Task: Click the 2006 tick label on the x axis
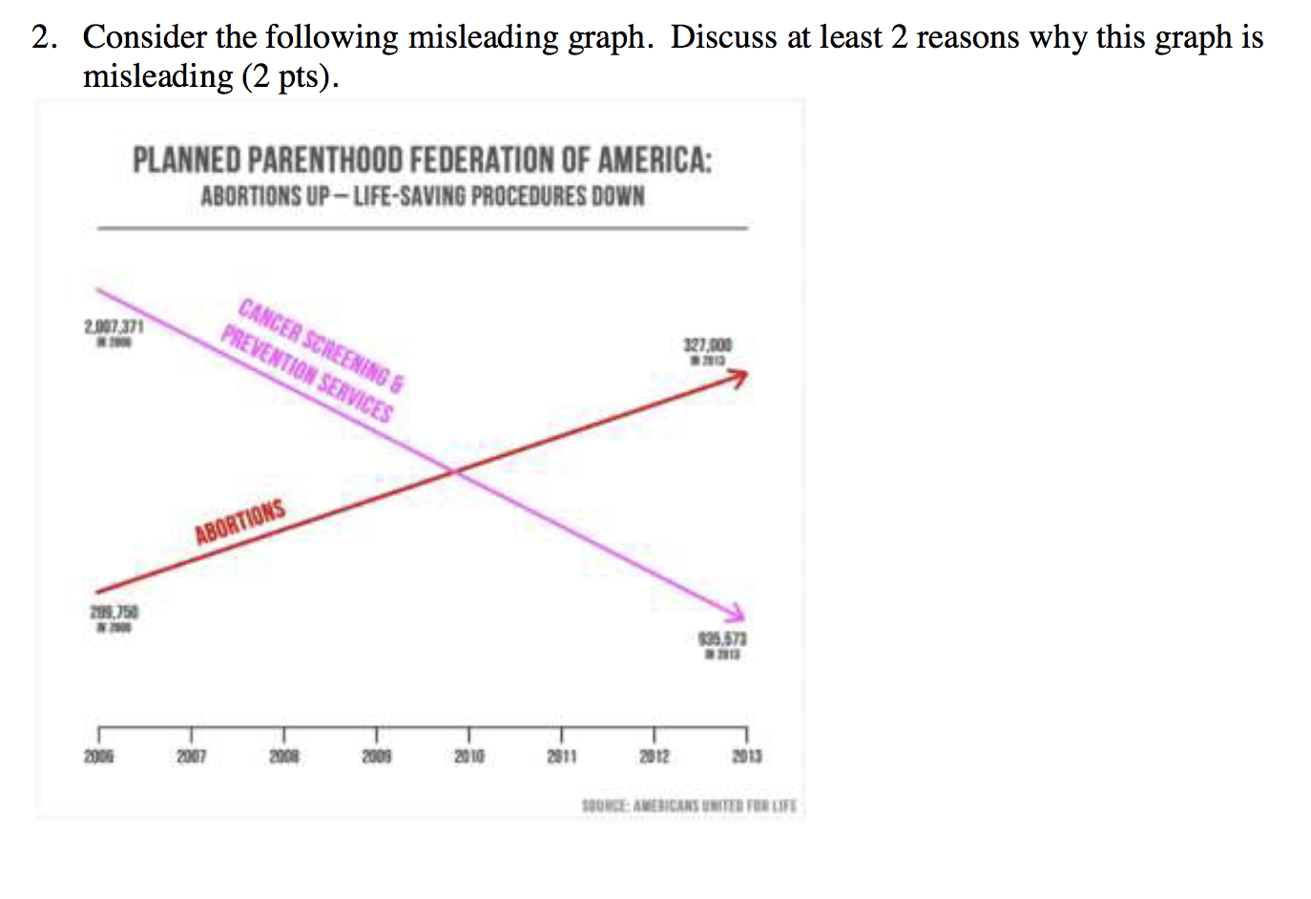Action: click(98, 756)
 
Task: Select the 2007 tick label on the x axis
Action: click(191, 756)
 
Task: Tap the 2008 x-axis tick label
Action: click(283, 756)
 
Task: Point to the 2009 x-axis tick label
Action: click(376, 756)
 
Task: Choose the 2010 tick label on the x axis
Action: click(468, 756)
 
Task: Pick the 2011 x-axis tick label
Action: click(561, 756)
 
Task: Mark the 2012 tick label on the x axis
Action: click(654, 756)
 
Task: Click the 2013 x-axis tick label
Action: click(746, 756)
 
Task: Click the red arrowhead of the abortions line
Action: click(739, 378)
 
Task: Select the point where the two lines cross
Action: click(455, 470)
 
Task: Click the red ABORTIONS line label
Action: click(239, 522)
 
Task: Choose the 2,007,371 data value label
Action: click(114, 327)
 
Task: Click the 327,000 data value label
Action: click(707, 345)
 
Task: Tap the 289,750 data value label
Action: click(114, 612)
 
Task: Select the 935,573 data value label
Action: click(722, 638)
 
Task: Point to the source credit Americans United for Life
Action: click(689, 805)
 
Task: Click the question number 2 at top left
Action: click(40, 37)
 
